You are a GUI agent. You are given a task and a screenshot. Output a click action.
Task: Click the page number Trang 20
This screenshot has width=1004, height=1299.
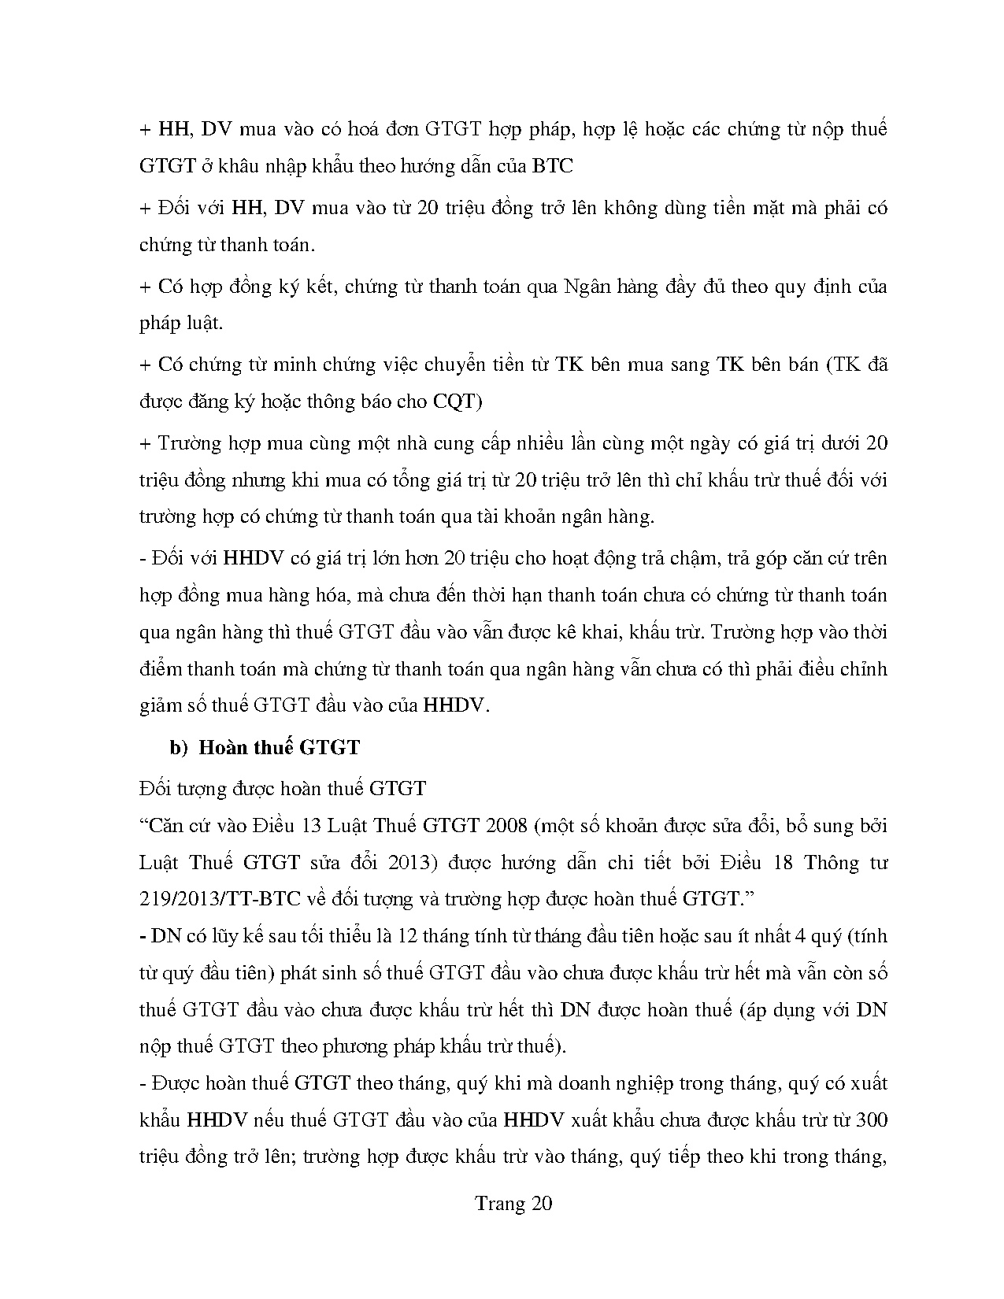point(513,1203)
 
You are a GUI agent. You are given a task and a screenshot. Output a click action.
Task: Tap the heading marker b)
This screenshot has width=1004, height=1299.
point(178,747)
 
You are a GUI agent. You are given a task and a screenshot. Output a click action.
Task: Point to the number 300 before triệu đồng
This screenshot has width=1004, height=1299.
point(871,1120)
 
